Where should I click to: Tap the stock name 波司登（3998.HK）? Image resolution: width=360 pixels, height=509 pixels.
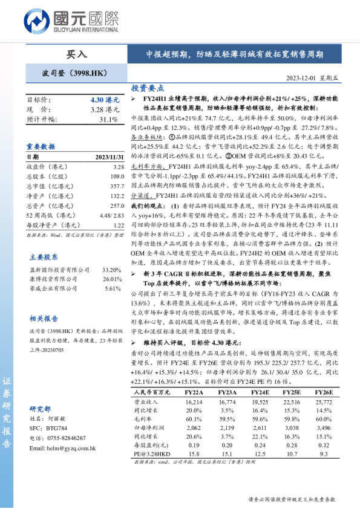(71, 74)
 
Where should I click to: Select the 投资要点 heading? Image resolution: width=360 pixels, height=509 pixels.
(148, 88)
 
